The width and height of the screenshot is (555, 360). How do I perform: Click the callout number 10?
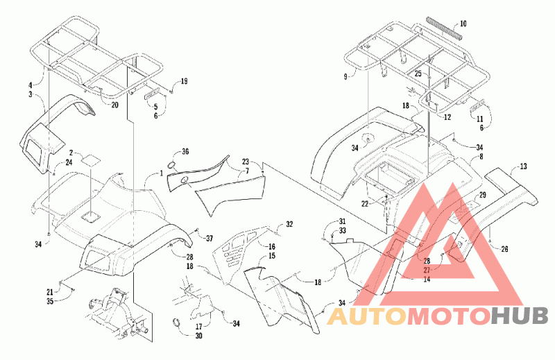463,24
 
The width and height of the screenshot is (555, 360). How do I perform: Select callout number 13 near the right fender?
523,166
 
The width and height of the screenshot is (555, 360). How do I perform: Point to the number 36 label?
185,151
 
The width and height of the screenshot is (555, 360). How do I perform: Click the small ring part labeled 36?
171,165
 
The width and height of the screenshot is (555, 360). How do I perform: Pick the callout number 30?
198,335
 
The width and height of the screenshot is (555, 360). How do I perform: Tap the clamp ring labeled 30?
176,322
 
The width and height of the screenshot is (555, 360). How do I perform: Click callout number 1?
161,173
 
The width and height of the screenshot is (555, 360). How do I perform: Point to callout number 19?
184,81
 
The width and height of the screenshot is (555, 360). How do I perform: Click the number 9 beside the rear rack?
345,76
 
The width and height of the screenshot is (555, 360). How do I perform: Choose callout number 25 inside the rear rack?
418,74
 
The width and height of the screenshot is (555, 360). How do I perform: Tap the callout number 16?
271,246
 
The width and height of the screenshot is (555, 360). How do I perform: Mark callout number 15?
271,255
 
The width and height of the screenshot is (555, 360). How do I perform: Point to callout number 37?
210,238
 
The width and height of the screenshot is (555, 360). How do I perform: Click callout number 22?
365,203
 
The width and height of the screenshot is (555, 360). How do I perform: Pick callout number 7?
247,171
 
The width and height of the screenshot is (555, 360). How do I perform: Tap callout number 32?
289,224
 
